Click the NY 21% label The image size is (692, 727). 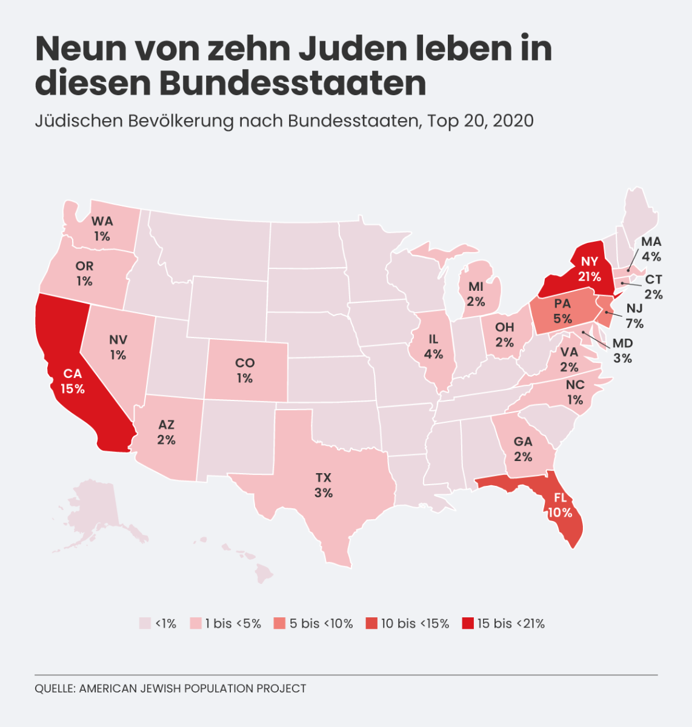590,269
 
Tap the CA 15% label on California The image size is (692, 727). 73,381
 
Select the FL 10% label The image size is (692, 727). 560,505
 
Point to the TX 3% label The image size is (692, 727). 324,485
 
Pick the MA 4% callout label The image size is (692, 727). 651,249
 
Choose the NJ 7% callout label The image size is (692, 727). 634,316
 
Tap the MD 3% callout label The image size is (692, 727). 623,351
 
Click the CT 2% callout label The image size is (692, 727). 654,287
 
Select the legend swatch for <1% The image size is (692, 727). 145,623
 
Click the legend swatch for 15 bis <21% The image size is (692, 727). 468,623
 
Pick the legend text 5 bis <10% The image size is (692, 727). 321,623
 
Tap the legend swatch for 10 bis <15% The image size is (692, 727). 371,623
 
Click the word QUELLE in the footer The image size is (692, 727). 56,689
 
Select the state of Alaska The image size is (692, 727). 97,514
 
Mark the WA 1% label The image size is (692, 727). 102,228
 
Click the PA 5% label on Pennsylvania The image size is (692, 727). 562,311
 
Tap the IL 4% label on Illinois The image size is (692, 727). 433,347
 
